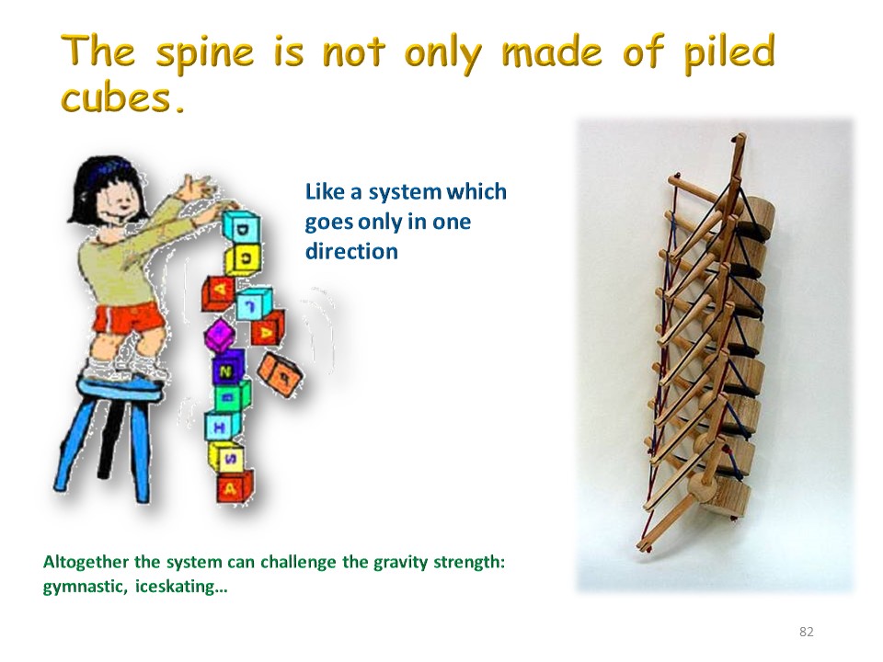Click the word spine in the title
tap(204, 54)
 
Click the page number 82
tap(807, 632)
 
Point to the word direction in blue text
tap(351, 251)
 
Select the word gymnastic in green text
tap(85, 588)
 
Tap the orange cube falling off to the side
tap(280, 374)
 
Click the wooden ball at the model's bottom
tap(702, 485)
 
